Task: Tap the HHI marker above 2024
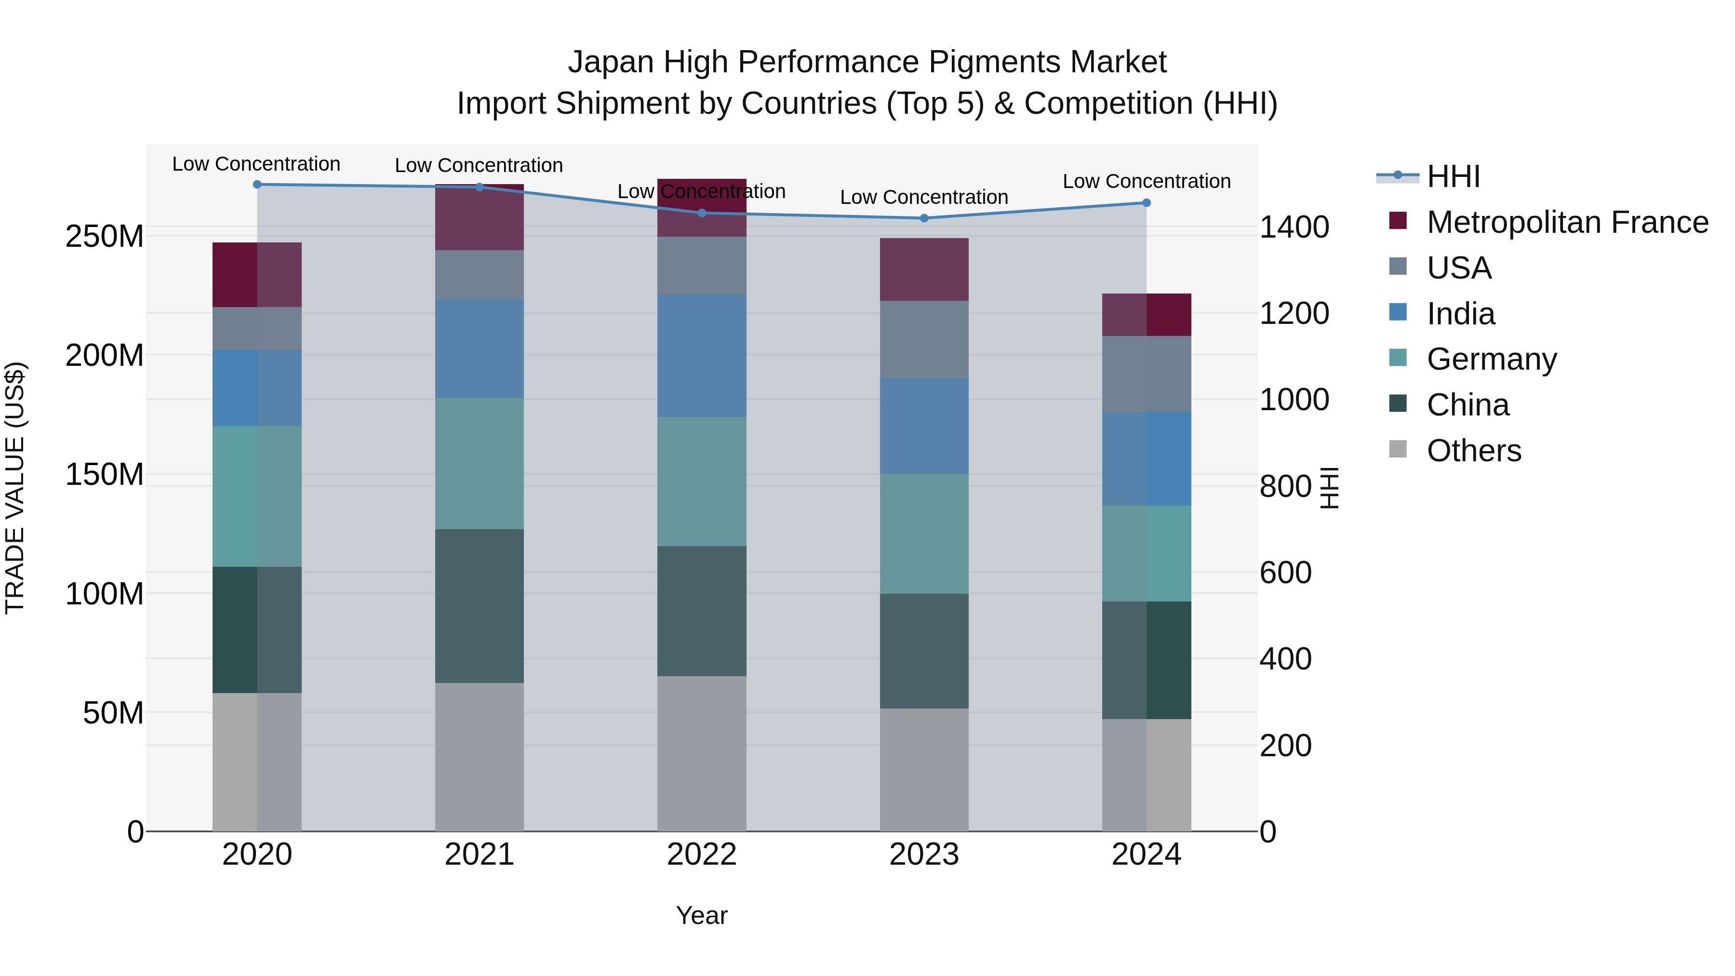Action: [1147, 203]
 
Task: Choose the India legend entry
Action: [1460, 314]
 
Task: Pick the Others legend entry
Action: [1474, 451]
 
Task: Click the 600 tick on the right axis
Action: [1285, 573]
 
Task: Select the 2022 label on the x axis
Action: [701, 855]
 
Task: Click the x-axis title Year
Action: [701, 915]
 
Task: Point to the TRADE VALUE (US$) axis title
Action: [15, 488]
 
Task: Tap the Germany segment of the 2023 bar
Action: [923, 534]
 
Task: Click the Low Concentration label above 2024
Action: [1147, 181]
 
